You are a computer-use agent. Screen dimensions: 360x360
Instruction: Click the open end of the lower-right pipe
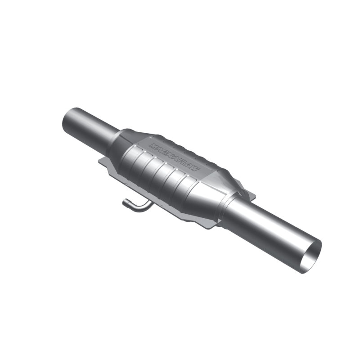pos(311,256)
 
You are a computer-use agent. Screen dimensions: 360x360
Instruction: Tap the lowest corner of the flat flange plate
pos(210,227)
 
